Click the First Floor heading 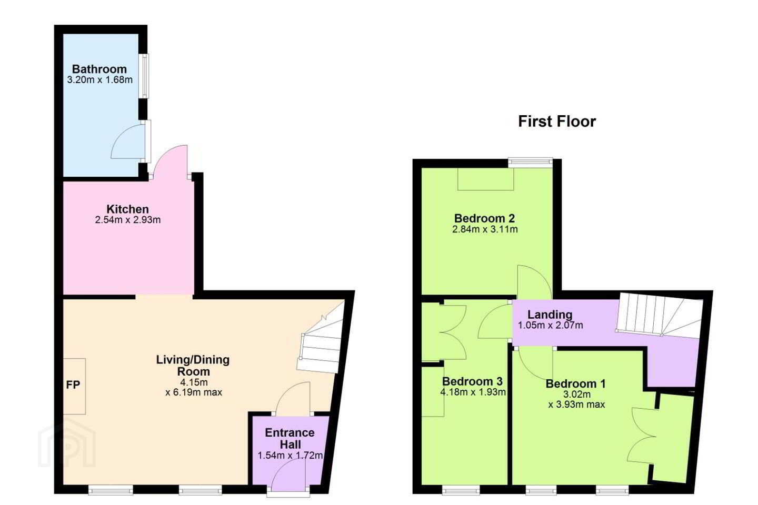click(x=557, y=122)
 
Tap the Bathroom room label click(x=99, y=69)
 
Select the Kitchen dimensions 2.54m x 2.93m click(x=128, y=220)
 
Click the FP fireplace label click(x=73, y=385)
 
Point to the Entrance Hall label click(x=290, y=438)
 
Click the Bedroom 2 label click(x=485, y=218)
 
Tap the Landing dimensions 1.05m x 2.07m click(x=551, y=326)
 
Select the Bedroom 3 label click(x=472, y=381)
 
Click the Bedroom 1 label click(x=576, y=383)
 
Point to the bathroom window click(x=145, y=76)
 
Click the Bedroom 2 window click(x=530, y=163)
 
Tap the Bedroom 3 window click(x=461, y=490)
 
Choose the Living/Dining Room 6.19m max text click(x=194, y=392)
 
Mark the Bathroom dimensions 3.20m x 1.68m click(x=100, y=80)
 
